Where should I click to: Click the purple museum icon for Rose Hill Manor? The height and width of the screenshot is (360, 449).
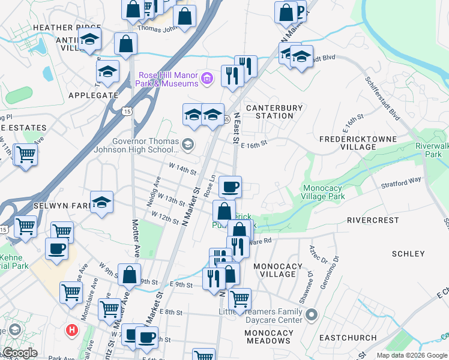pos(207,78)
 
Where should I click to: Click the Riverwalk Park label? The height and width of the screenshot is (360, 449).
pos(429,150)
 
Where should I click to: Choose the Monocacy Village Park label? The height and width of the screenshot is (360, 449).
pos(324,191)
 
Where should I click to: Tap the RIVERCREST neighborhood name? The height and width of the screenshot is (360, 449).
pos(373,220)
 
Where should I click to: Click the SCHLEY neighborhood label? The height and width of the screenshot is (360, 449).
pos(408,254)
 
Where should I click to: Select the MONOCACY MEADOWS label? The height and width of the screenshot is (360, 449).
pos(269,337)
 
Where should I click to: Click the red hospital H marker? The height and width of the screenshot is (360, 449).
pos(72,329)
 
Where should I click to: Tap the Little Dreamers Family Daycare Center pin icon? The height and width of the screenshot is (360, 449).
pos(312,314)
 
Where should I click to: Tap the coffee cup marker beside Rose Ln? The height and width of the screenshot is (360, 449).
pos(230,187)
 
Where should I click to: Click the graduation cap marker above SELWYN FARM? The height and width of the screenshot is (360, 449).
pos(101,202)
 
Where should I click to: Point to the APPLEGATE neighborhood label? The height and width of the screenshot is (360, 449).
pos(93,95)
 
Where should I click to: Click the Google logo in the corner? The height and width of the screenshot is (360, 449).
pos(19,353)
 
